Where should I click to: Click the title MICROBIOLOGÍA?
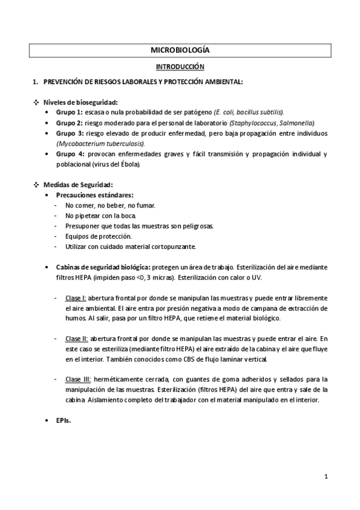point(180,51)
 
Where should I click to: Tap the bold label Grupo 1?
point(69,112)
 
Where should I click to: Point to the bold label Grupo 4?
point(69,154)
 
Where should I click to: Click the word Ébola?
point(130,164)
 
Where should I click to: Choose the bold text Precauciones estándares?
point(95,195)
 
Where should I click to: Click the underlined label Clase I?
point(76,298)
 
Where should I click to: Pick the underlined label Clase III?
point(78,379)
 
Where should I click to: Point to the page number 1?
point(325,478)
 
